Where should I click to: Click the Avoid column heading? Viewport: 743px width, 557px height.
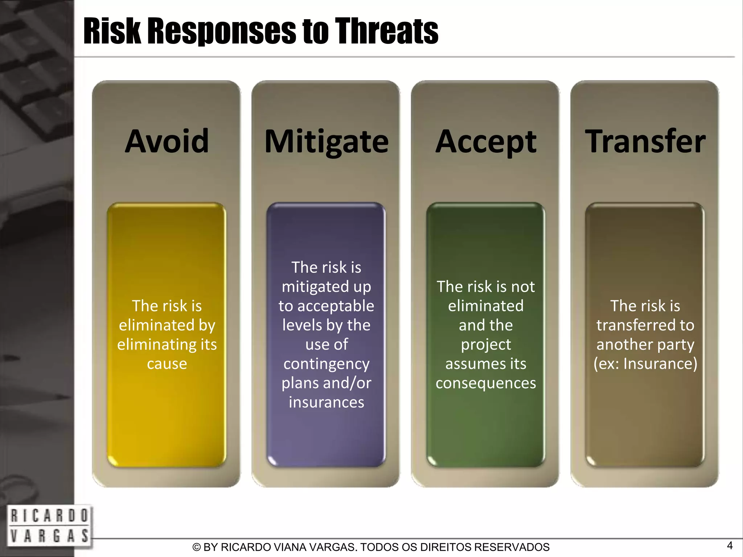tap(167, 141)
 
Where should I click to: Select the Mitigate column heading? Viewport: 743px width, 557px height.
tap(326, 142)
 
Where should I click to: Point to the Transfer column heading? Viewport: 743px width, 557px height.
tap(645, 141)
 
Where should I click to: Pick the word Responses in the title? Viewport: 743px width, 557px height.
tap(222, 32)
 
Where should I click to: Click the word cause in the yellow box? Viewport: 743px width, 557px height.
tap(167, 364)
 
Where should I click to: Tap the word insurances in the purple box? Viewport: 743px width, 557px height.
tap(326, 402)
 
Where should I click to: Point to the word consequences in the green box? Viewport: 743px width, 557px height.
tap(486, 383)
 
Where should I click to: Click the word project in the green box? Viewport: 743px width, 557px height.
tap(486, 345)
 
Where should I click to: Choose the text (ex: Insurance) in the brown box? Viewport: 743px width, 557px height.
tap(645, 364)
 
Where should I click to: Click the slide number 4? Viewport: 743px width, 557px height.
tap(730, 545)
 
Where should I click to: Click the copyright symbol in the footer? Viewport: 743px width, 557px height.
tap(196, 547)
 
